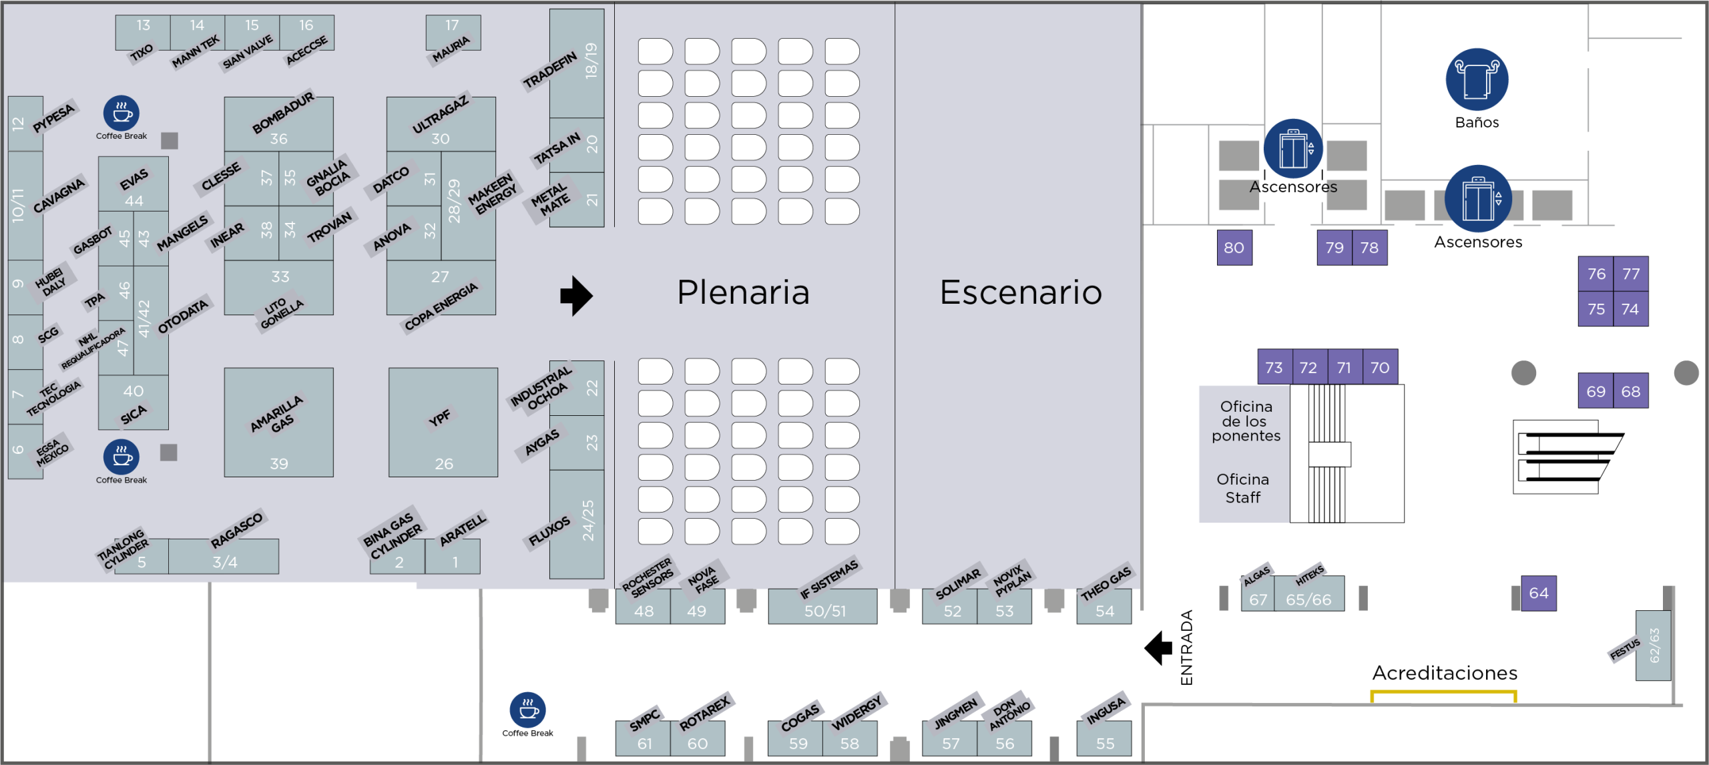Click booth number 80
pos(1234,248)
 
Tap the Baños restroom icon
pos(1477,79)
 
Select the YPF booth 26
pos(443,423)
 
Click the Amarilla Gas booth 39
pos(278,423)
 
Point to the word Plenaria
pos(743,292)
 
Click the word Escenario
pos(1020,292)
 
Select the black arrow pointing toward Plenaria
pos(576,295)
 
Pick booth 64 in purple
pos(1539,593)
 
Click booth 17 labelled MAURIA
pos(453,32)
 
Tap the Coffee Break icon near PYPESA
pos(121,113)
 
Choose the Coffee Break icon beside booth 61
pos(527,710)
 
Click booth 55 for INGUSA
pos(1104,739)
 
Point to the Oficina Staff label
pos(1242,488)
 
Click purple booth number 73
pos(1274,367)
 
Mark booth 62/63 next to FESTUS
pos(1653,646)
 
